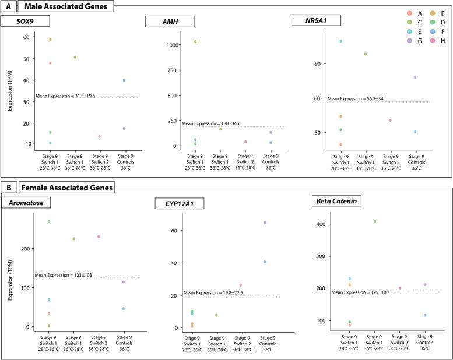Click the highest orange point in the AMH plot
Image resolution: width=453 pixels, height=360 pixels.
[x=195, y=42]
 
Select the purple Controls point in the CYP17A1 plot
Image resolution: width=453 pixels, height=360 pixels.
[x=265, y=223]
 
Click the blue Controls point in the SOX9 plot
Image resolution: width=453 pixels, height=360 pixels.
[x=124, y=80]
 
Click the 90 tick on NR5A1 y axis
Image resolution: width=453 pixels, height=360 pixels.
[x=321, y=63]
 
